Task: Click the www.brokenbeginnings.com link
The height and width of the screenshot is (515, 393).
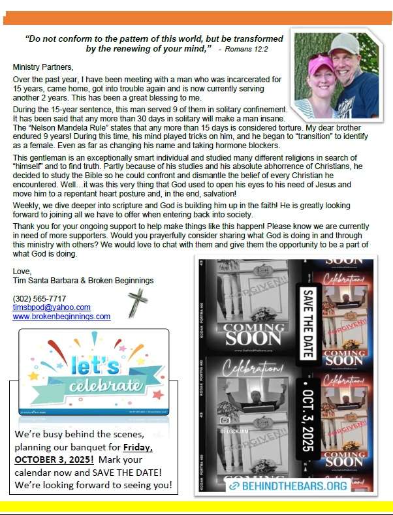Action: click(61, 317)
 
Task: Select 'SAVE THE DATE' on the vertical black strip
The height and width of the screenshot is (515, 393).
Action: click(306, 315)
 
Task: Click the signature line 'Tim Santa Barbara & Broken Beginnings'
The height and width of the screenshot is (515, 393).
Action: click(83, 281)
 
